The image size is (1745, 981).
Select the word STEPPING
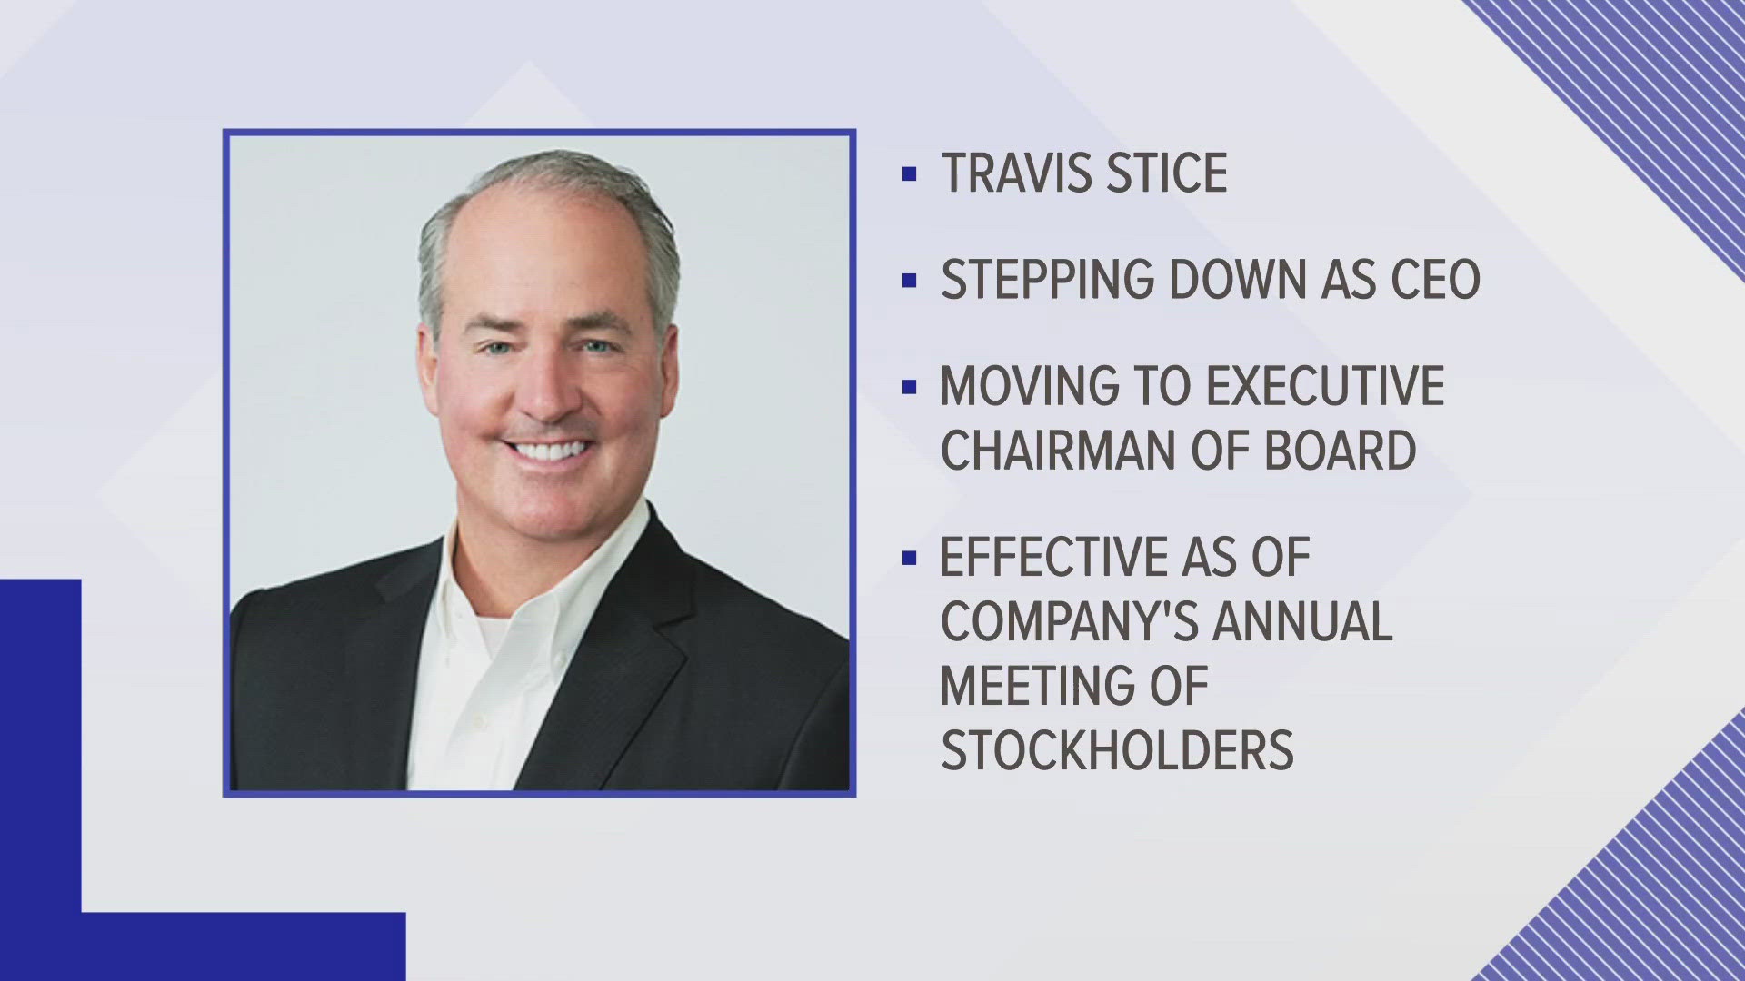[x=1047, y=280]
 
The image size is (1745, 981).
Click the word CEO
[x=1436, y=280]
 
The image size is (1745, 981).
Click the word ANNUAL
[x=1303, y=621]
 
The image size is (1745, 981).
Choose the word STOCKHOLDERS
[x=1117, y=749]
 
